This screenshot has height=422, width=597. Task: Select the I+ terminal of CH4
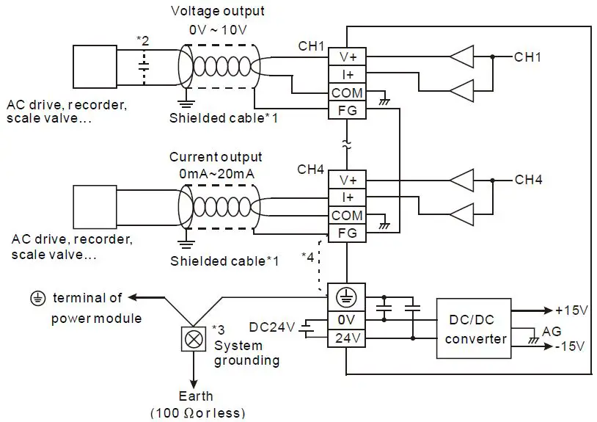click(x=347, y=197)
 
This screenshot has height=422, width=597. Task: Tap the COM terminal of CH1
click(x=347, y=93)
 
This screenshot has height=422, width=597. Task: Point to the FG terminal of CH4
click(x=347, y=233)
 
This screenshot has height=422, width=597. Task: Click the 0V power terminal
click(x=347, y=321)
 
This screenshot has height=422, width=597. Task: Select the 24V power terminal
click(x=347, y=338)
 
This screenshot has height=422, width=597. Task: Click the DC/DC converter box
click(x=475, y=329)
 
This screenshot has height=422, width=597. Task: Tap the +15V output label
click(x=571, y=310)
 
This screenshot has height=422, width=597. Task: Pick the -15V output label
click(x=572, y=346)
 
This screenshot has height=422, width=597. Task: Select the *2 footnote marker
click(x=143, y=40)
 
